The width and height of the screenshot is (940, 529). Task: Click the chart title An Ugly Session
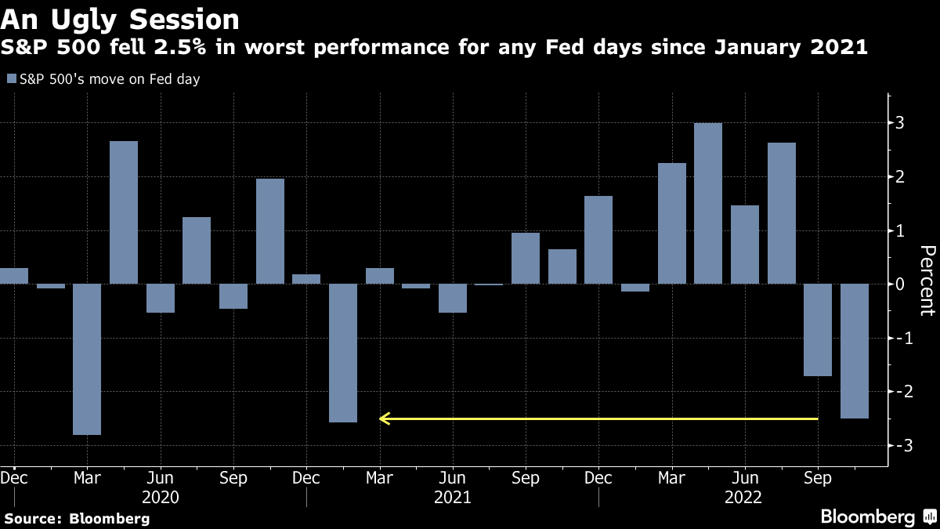tap(120, 19)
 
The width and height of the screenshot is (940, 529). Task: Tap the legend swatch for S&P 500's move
tap(11, 79)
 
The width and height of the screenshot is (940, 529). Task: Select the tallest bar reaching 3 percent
tap(708, 204)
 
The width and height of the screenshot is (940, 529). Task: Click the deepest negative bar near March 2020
tap(87, 359)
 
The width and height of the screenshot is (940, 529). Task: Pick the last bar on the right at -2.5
tap(855, 351)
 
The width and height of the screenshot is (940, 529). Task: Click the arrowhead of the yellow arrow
tap(384, 418)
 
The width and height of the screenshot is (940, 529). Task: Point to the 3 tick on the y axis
tap(901, 123)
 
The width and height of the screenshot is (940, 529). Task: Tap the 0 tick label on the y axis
tap(901, 284)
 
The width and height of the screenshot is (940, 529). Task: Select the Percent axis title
tap(927, 280)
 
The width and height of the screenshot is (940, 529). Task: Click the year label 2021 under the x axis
tap(452, 497)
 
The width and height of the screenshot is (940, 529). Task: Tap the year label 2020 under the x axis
tap(161, 497)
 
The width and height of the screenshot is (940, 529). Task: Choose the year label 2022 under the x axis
tap(744, 497)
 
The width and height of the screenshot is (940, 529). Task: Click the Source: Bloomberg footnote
tap(76, 518)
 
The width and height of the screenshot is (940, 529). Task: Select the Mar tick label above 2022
tap(671, 477)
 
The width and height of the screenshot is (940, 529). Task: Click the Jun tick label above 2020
tap(161, 477)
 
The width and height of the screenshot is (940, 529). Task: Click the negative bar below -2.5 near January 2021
tap(343, 353)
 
